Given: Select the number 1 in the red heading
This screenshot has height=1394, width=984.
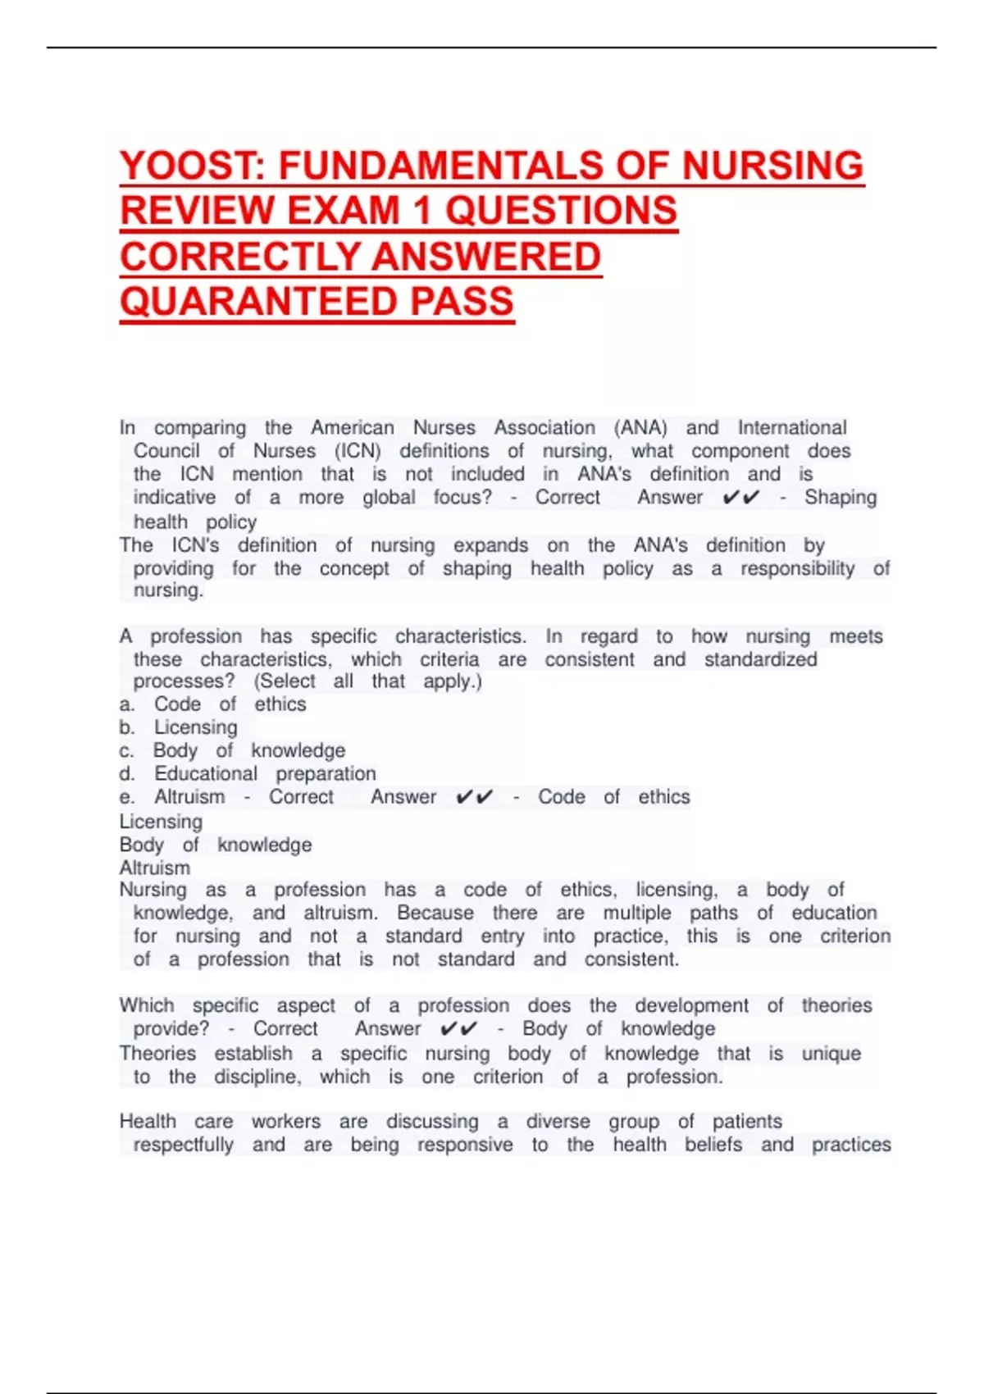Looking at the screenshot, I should tap(421, 212).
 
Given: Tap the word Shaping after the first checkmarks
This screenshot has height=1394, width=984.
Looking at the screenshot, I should tap(840, 498).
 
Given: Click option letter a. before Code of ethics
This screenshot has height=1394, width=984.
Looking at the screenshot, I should tap(126, 705).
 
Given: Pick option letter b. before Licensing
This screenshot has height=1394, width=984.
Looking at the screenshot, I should tap(126, 728).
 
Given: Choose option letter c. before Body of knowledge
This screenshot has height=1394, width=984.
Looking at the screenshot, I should tap(126, 751).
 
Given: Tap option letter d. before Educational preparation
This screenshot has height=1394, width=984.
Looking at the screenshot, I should tap(126, 774).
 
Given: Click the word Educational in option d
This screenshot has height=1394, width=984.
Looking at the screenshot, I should tap(205, 774).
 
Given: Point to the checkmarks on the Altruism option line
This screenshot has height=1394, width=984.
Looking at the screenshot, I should tap(474, 797).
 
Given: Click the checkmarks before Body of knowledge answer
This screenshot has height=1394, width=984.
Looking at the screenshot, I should tap(458, 1029).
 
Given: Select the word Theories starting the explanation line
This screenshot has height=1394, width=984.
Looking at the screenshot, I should tap(157, 1054).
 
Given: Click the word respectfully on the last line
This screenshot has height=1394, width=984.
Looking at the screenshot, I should tap(183, 1145).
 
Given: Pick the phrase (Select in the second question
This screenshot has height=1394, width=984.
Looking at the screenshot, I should tap(285, 681).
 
